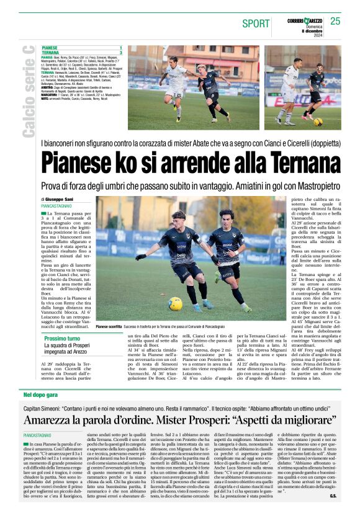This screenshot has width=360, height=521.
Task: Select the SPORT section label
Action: tap(256, 24)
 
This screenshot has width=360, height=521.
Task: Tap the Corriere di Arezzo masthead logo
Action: tap(304, 20)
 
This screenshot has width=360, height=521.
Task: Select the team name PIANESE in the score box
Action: tap(50, 47)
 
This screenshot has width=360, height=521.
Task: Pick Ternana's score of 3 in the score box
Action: tap(120, 51)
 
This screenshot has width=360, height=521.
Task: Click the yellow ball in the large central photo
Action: tap(175, 303)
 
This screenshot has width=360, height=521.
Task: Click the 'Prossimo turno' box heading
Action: tap(62, 339)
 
